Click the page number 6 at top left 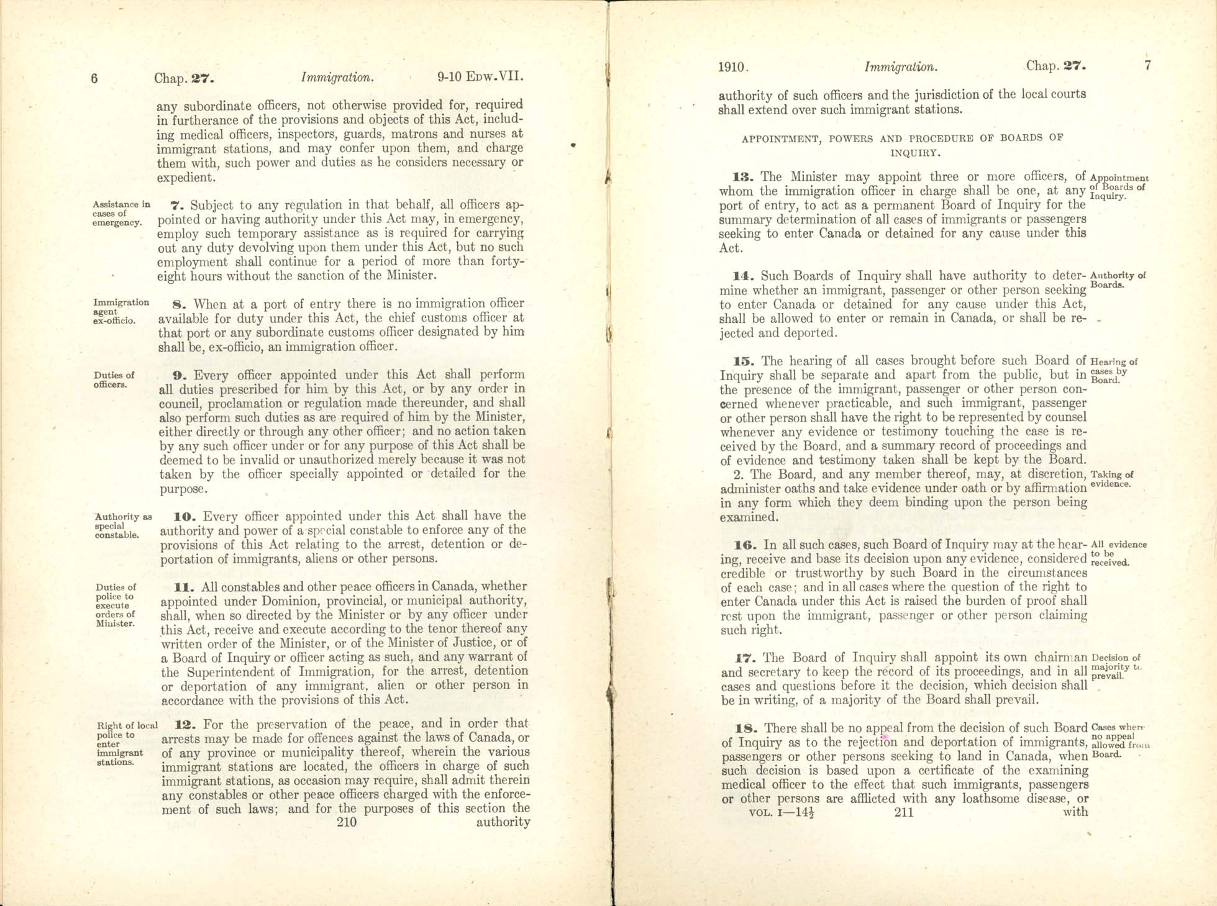tap(94, 79)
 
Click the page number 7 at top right tap(1147, 65)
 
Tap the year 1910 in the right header tap(733, 67)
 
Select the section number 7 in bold tap(175, 205)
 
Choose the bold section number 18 tap(744, 728)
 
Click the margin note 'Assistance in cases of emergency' tap(121, 213)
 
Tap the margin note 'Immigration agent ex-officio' tap(121, 311)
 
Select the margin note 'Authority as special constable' tap(123, 525)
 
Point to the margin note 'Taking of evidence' tap(1111, 479)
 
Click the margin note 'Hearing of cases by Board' tap(1114, 370)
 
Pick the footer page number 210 tap(346, 822)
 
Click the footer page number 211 tap(904, 812)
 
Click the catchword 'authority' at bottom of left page tap(503, 822)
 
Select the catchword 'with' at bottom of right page tap(1075, 812)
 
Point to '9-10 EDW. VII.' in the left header tap(480, 78)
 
